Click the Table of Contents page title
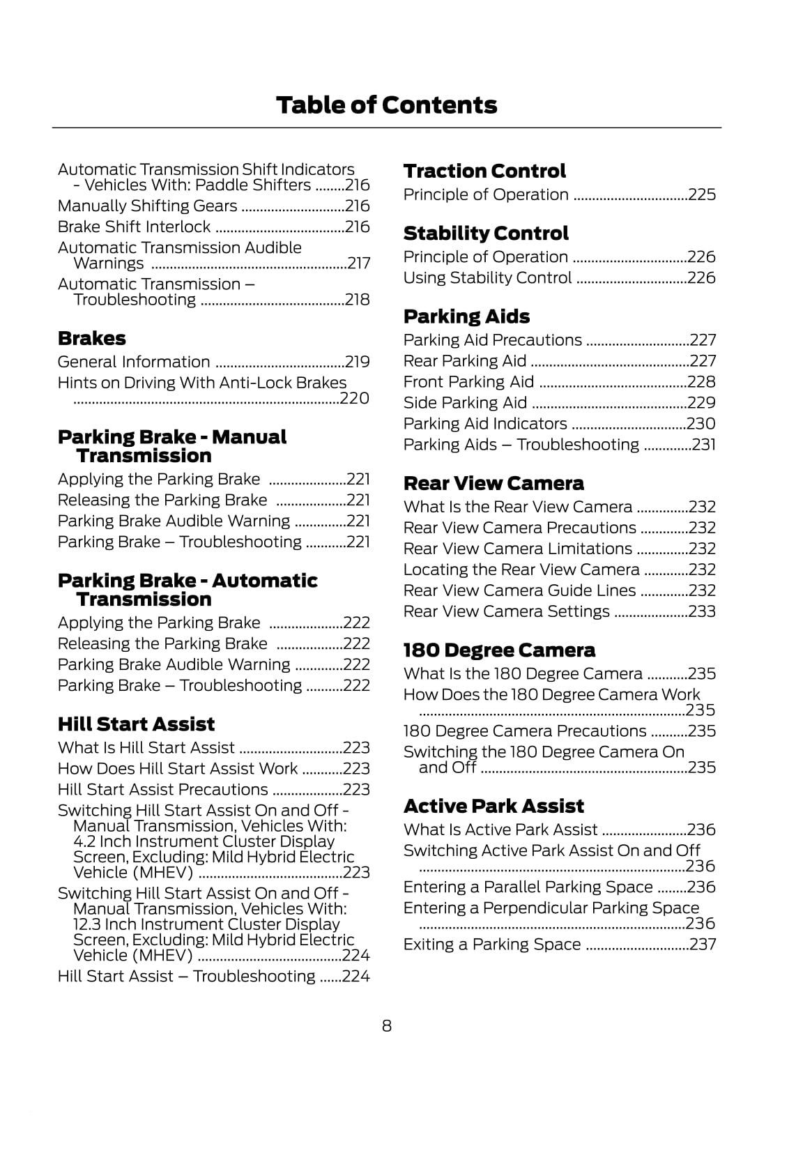(x=386, y=105)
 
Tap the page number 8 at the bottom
(x=387, y=1025)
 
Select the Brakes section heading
(x=92, y=339)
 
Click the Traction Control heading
(x=484, y=171)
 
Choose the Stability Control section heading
(x=486, y=234)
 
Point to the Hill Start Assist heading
(x=136, y=724)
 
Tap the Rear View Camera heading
(x=493, y=484)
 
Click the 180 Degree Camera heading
(x=499, y=650)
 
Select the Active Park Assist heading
(x=493, y=807)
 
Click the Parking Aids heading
(x=466, y=316)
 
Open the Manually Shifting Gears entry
(x=147, y=206)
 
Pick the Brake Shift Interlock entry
(x=134, y=227)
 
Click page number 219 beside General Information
(x=358, y=362)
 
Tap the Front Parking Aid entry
(x=468, y=382)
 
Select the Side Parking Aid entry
(x=465, y=403)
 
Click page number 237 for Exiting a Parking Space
(x=703, y=945)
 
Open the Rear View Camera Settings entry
(x=507, y=611)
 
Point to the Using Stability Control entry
(x=487, y=278)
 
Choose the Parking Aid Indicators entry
(x=485, y=424)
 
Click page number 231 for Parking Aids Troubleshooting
(x=703, y=445)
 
